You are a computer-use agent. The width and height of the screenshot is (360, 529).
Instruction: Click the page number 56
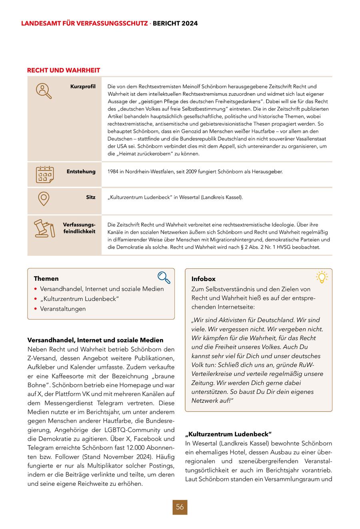[x=180, y=507]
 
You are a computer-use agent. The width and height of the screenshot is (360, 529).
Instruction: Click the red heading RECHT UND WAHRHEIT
[x=64, y=70]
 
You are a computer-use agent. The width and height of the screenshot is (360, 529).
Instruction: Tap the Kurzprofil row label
[x=83, y=86]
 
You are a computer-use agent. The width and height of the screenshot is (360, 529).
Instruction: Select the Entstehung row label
[x=81, y=172]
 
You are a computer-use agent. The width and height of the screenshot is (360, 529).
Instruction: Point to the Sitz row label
[x=90, y=197]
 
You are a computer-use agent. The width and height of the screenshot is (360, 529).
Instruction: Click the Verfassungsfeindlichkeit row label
[x=79, y=228]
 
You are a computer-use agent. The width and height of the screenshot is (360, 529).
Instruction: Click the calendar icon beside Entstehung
[x=45, y=174]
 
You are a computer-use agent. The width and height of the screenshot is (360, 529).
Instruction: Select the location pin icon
[x=44, y=199]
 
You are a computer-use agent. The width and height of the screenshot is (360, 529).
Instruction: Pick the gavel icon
[x=44, y=228]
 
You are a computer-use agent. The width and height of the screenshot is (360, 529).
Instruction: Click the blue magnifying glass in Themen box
[x=164, y=277]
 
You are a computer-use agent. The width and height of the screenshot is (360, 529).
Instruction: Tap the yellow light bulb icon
[x=322, y=277]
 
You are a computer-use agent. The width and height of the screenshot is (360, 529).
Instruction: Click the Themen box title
[x=46, y=279]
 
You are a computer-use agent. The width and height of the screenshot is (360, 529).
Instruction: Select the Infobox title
[x=203, y=279]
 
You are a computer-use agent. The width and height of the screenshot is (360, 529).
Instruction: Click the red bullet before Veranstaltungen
[x=36, y=309]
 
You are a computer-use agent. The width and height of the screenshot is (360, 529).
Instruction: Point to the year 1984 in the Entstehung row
[x=114, y=172]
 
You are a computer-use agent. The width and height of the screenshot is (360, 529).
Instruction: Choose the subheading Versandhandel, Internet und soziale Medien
[x=95, y=340]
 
